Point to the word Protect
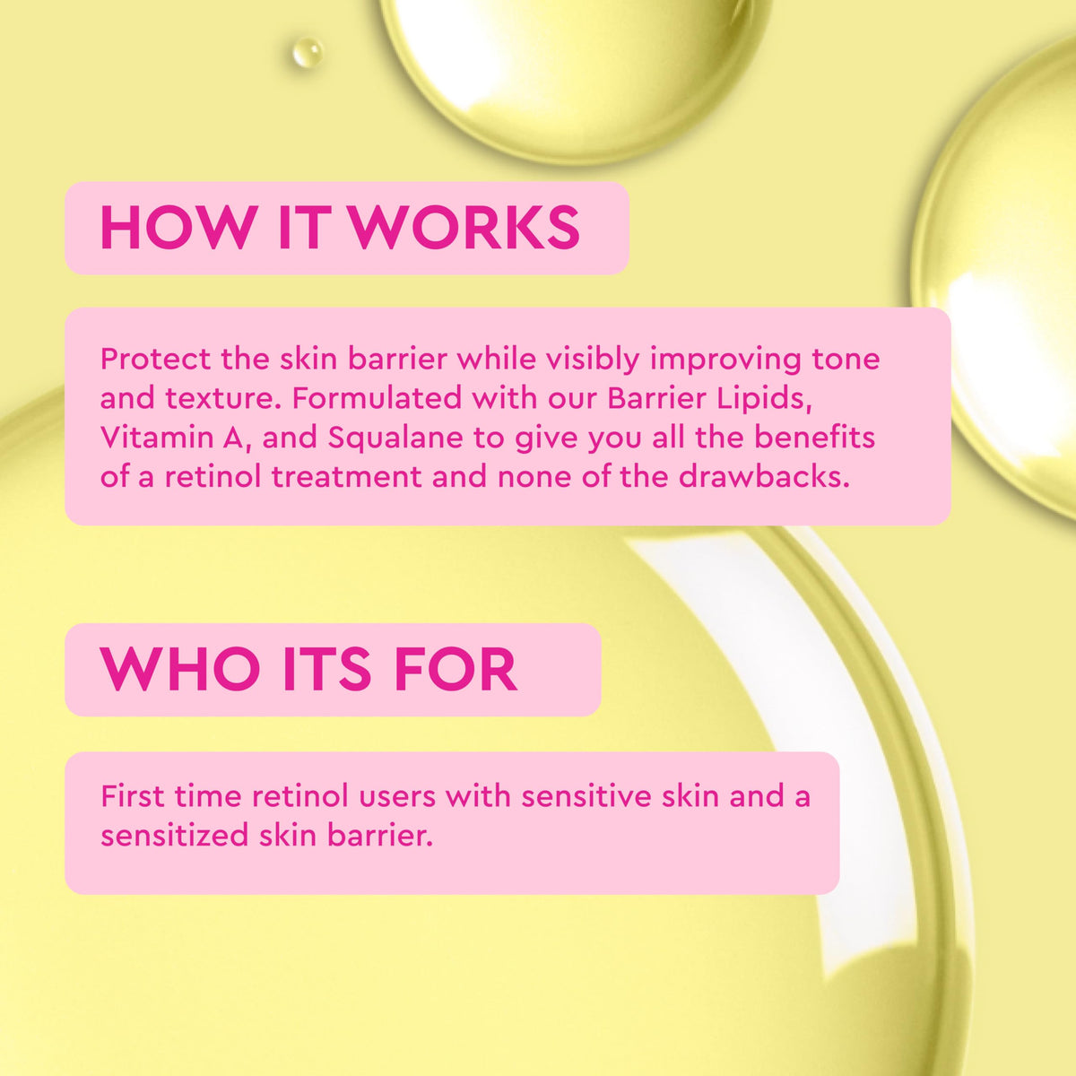156,359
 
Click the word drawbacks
764,477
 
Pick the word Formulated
377,398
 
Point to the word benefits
815,438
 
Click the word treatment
347,477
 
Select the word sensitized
174,836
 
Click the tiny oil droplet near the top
308,53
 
